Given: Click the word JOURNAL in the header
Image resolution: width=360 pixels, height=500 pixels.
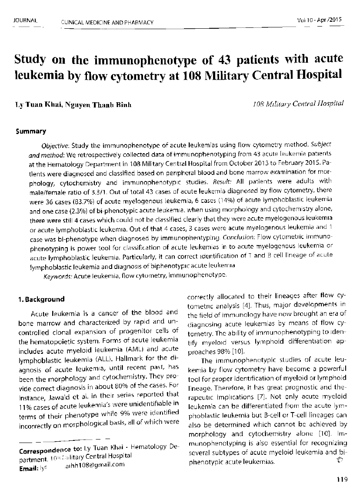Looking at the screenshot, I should [25, 20].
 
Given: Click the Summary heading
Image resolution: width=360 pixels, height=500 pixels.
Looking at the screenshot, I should [30, 131].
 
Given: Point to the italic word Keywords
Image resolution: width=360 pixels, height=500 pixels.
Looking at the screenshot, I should [59, 276].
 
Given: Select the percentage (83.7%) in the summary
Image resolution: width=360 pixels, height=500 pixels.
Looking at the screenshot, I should [90, 203].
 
